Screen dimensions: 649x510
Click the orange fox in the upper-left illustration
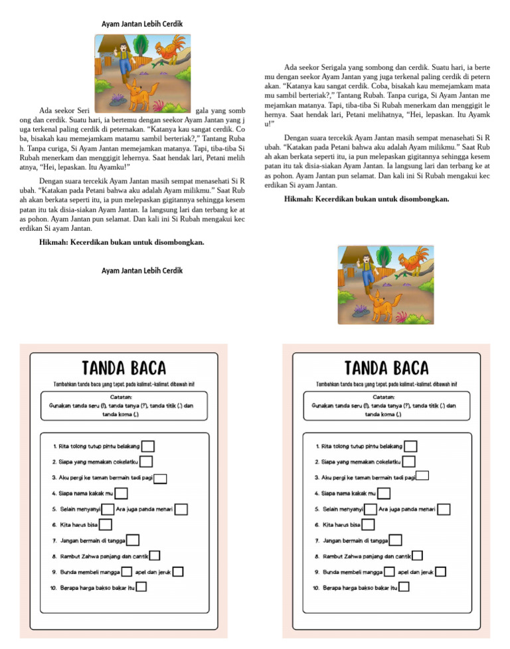coord(138,96)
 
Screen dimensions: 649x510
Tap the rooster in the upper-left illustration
coord(173,48)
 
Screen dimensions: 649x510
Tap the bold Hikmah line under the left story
coord(122,242)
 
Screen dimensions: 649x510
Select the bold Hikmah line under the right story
coord(367,198)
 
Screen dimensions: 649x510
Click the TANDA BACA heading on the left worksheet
coord(124,368)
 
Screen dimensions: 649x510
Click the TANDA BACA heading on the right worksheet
coord(386,368)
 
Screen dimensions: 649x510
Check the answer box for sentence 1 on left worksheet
coord(148,447)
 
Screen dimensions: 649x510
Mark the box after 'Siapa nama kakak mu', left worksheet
coord(121,493)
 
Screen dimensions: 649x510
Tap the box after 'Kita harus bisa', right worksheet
coord(367,525)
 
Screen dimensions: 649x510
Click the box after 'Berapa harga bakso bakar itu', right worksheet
coord(404,587)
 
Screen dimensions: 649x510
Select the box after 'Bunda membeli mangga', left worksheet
coord(127,571)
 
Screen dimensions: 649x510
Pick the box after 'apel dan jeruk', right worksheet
coord(441,571)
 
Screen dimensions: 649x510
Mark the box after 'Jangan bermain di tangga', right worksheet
coord(396,541)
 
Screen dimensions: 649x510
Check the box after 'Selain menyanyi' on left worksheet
coord(108,509)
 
